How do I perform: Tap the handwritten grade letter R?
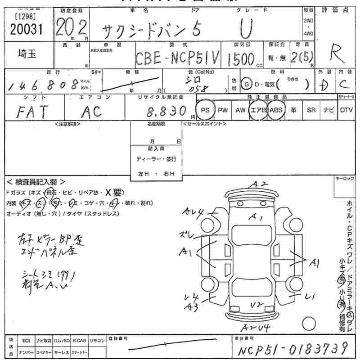[x=334, y=54]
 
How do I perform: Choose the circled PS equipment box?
[x=205, y=110]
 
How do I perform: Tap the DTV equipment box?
[x=346, y=110]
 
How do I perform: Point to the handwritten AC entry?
[x=92, y=112]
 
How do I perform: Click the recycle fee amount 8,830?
[x=167, y=110]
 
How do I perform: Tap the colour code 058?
[x=198, y=89]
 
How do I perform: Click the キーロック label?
[x=345, y=179]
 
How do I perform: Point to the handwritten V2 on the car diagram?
[x=257, y=305]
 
